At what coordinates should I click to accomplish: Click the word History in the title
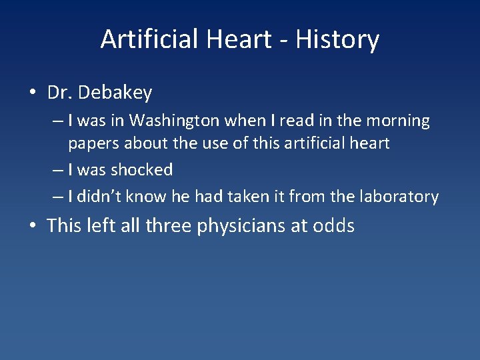pyautogui.click(x=337, y=40)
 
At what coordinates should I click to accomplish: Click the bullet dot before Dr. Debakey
pyautogui.click(x=33, y=93)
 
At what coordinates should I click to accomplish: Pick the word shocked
pyautogui.click(x=141, y=170)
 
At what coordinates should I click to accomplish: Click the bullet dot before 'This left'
pyautogui.click(x=33, y=226)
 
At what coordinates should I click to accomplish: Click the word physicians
pyautogui.click(x=242, y=226)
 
